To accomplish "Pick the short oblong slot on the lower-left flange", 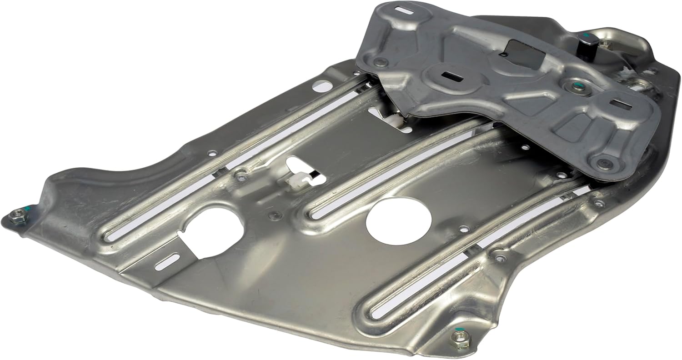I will click(x=166, y=262).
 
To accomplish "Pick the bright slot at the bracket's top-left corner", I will click(x=402, y=9).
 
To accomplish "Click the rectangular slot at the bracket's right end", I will click(x=617, y=104).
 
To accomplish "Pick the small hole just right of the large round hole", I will click(x=463, y=229).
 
